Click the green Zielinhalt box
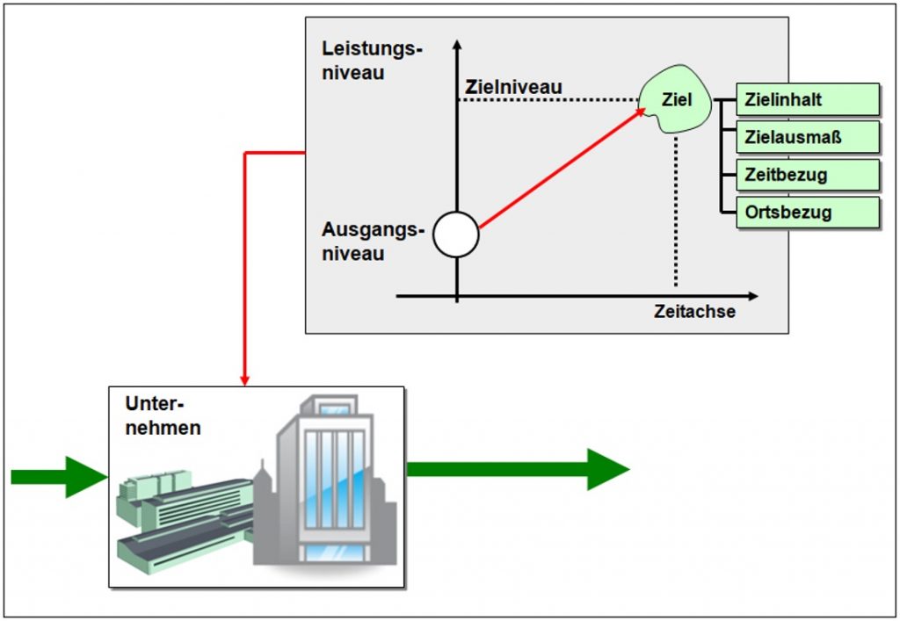coord(808,99)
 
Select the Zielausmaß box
coord(808,137)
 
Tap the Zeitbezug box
coord(808,175)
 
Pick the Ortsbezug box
coord(808,213)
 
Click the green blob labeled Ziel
coord(676,98)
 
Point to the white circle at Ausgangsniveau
coord(456,235)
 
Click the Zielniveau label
coord(513,87)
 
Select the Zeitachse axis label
coord(694,311)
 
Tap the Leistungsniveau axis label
coord(372,61)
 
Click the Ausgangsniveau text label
coord(373,242)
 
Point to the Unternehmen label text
coord(163,415)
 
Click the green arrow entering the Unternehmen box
coord(60,476)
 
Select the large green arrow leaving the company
coord(518,470)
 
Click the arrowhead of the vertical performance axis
coord(457,45)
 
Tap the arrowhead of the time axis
coord(752,296)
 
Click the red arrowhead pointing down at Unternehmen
coord(244,380)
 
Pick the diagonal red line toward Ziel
coord(562,168)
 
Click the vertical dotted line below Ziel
coord(676,211)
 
